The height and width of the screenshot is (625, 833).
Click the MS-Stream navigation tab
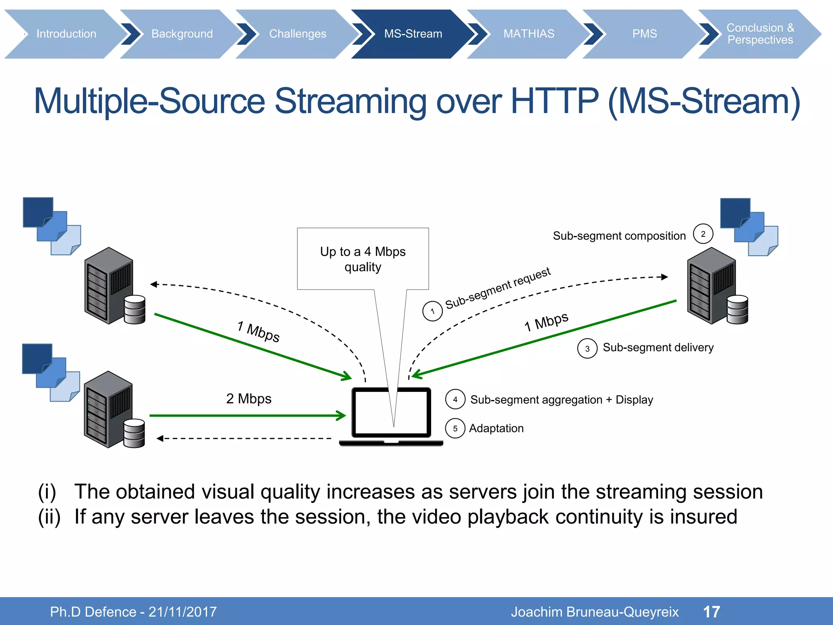click(413, 34)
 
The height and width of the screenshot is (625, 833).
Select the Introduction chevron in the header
click(66, 34)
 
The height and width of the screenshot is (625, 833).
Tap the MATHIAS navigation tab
click(528, 34)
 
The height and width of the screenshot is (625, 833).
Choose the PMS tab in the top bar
click(644, 34)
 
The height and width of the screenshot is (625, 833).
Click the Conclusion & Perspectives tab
click(760, 34)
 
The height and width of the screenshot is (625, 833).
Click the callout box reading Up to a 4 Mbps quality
click(363, 259)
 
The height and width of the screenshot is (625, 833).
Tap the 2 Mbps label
click(249, 398)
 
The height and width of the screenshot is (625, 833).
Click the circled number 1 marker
click(432, 311)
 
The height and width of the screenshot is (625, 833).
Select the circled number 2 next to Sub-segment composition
click(703, 234)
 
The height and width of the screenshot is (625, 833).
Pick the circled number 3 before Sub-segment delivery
click(587, 348)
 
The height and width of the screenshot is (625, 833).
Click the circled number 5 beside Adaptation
click(455, 428)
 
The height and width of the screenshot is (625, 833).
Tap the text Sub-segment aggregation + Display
click(561, 400)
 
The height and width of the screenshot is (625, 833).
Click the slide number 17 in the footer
click(711, 612)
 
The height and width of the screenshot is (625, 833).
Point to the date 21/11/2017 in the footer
click(183, 612)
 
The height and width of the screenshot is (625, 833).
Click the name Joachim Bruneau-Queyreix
click(595, 612)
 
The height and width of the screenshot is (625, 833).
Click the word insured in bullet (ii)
click(703, 516)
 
